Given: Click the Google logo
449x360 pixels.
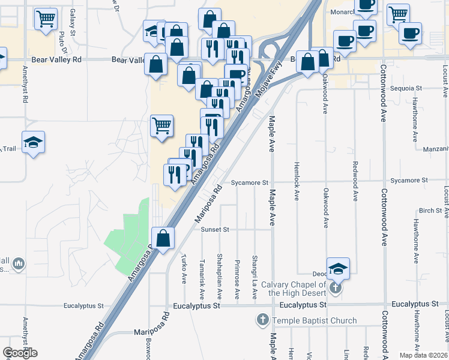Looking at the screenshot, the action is (20, 353).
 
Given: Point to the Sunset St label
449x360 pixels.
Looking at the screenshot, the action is (218, 229).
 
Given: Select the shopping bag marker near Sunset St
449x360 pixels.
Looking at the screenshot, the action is (163, 238).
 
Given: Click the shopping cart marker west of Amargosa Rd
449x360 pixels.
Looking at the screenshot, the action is (161, 126).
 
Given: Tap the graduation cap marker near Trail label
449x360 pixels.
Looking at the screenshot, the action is (33, 142).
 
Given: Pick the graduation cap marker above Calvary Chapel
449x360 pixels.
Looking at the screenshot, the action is (338, 269).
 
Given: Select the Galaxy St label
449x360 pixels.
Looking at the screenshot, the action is (73, 21).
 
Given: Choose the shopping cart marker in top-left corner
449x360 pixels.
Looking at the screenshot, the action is (45, 20).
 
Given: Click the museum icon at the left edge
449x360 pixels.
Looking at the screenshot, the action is (18, 263).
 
